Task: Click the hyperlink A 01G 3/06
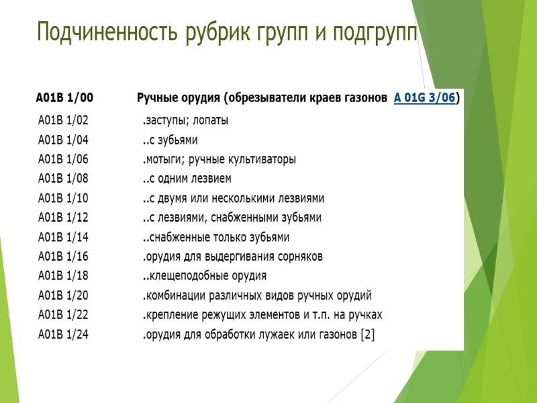pos(424,98)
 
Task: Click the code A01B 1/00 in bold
pos(64,98)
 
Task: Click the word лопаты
pos(210,121)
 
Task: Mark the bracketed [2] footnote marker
pos(367,334)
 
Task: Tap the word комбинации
pos(176,296)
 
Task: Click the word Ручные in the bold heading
pos(160,98)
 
